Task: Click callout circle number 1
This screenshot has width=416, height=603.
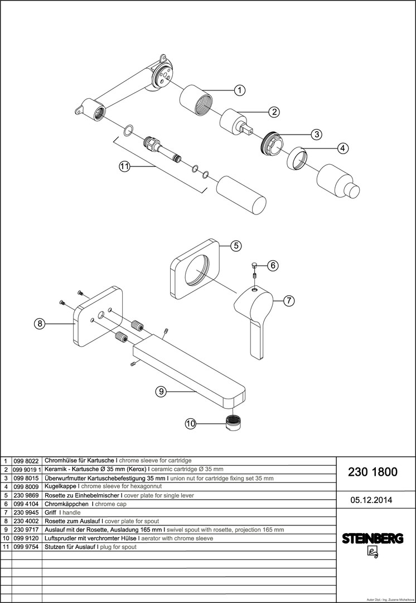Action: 239,90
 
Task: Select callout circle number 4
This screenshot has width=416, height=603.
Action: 343,148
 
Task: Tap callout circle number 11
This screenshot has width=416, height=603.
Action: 124,166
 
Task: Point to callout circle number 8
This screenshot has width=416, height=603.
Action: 39,323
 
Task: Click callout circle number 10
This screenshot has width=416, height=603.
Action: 191,424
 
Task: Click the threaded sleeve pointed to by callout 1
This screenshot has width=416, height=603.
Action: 195,100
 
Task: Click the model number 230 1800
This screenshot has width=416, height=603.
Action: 373,472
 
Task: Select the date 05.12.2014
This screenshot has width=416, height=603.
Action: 372,500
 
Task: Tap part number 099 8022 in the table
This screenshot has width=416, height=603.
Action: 26,462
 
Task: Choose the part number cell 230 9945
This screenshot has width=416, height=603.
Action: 26,512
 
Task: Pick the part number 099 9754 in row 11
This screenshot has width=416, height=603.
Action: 26,547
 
